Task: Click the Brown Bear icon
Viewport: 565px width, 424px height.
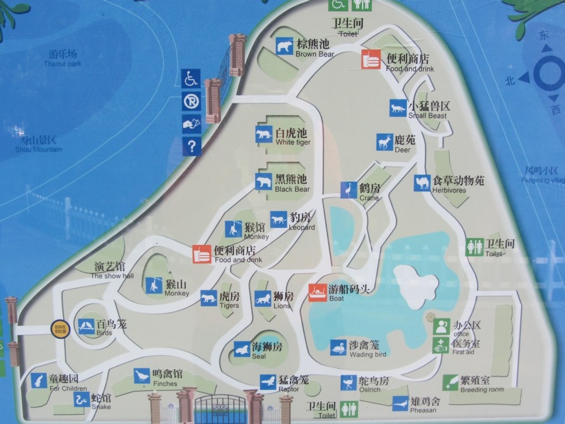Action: click(285, 46)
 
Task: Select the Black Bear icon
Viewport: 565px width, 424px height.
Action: click(263, 182)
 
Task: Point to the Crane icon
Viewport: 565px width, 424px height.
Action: click(349, 190)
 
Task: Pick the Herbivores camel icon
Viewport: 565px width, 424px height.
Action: click(422, 183)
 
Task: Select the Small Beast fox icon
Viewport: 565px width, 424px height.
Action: click(398, 108)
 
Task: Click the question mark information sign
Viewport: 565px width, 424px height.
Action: click(191, 147)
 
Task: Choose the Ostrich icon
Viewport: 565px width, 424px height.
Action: click(349, 383)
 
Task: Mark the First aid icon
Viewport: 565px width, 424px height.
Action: click(441, 346)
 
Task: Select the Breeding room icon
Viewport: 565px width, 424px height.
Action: click(450, 382)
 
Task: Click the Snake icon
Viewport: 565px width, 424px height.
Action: click(82, 400)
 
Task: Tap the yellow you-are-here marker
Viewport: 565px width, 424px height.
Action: click(59, 329)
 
